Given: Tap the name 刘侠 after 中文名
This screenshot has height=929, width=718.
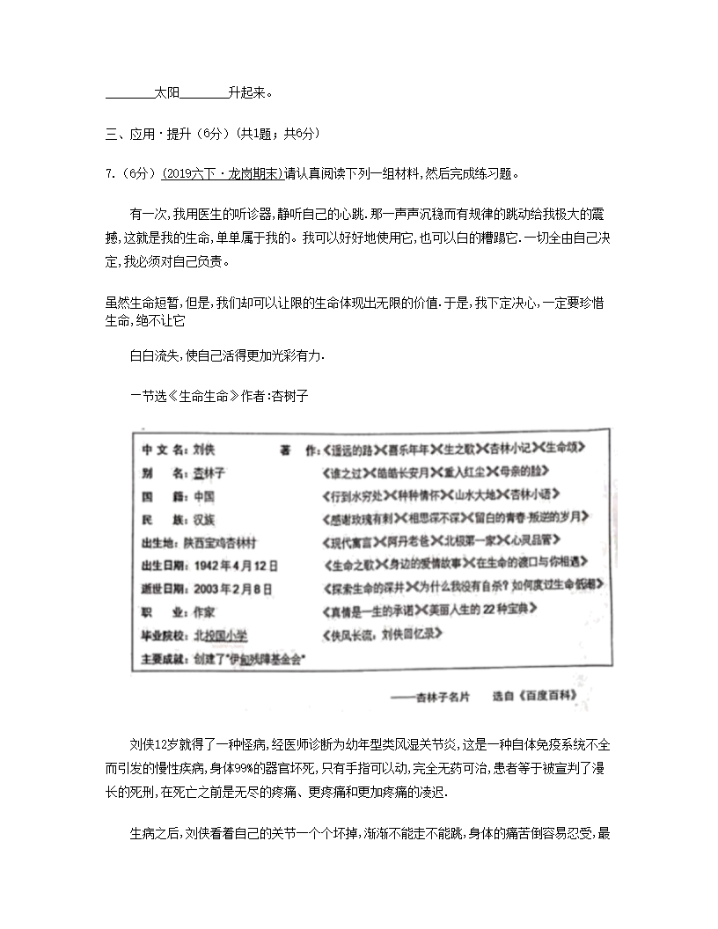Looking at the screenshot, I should coord(204,449).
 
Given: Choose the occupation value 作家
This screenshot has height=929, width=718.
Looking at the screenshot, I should coord(204,611).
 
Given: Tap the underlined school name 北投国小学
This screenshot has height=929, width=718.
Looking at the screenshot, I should coord(221,634).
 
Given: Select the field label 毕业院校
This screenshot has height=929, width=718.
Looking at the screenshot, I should coord(163,634).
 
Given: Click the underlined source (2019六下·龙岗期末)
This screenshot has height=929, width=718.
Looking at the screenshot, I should coord(223,173).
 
